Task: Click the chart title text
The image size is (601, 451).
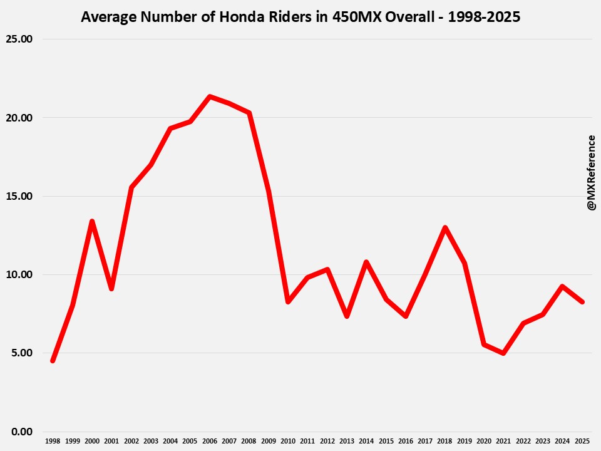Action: point(300,17)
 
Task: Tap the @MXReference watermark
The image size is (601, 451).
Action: point(591,172)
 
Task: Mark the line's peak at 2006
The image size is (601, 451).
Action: point(209,96)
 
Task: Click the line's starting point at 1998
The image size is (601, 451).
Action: point(53,361)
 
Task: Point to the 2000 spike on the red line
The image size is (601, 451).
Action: point(92,221)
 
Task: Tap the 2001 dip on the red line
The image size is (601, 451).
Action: point(111,288)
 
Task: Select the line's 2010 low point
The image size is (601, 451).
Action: point(287,301)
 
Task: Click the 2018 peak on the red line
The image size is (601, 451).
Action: point(444,227)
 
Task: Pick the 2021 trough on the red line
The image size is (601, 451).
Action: point(503,353)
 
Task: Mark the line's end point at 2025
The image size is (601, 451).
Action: point(582,302)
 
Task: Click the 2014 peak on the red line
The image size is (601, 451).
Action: point(366,262)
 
